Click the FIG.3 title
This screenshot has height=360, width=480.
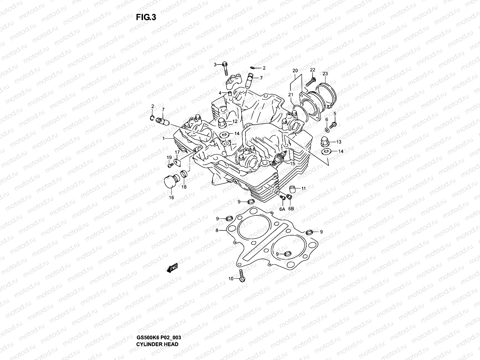pos(146,17)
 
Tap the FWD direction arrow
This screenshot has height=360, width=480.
pos(172,269)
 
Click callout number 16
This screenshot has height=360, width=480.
pos(171,198)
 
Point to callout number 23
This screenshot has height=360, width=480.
pos(325,73)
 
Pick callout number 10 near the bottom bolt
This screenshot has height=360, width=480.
pos(231,279)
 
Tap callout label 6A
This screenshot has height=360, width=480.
pos(282,208)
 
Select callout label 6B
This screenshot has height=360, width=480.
pos(291,208)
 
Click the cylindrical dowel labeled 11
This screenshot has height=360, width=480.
pos(293,189)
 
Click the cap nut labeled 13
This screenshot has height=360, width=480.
pos(326,141)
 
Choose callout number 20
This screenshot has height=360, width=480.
pos(295,71)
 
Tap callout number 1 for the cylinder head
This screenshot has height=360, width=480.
pos(164,138)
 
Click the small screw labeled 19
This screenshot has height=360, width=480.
pos(170,165)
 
